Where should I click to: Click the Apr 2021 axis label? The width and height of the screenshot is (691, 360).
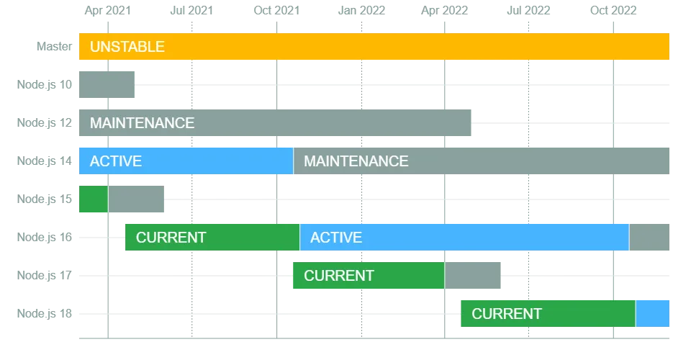tap(108, 11)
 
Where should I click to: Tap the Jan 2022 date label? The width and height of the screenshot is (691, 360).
tap(361, 11)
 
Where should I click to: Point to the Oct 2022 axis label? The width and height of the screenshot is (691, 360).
tap(613, 11)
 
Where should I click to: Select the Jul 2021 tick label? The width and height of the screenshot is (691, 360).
tap(191, 11)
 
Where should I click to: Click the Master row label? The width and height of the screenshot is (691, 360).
tap(54, 46)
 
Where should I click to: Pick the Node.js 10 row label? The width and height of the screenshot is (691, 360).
tap(45, 85)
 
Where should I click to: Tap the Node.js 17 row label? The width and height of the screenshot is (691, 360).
tap(45, 275)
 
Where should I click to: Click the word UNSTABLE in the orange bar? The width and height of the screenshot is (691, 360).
tap(127, 47)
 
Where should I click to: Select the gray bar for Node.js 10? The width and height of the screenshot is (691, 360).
tap(107, 85)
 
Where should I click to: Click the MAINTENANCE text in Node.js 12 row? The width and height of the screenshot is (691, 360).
tap(142, 123)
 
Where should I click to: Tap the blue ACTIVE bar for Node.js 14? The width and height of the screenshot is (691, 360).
tap(186, 161)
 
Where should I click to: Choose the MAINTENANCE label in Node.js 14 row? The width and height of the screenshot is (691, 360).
tap(356, 161)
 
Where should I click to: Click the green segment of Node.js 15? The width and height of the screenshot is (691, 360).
tap(94, 199)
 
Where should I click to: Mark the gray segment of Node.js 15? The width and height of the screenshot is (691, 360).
tap(136, 199)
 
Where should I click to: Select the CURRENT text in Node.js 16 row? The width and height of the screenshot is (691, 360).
tap(171, 238)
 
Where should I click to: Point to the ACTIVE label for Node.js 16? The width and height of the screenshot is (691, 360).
tap(336, 238)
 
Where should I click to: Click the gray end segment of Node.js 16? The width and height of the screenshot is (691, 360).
tap(649, 237)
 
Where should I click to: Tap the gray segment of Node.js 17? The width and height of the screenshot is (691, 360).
tap(473, 275)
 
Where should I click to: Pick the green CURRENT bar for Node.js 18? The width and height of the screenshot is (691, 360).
tap(548, 314)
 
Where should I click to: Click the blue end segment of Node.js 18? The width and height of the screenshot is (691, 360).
tap(653, 314)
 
